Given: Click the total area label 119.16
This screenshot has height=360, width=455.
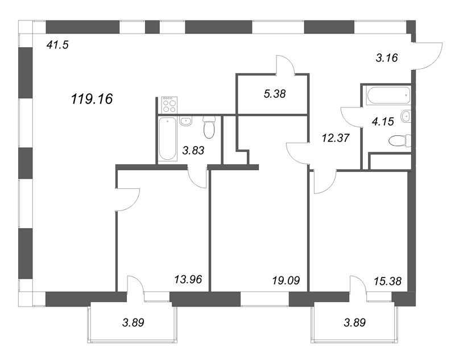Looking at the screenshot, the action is [x=92, y=99].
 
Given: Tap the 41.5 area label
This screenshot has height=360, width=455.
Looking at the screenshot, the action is [x=57, y=45].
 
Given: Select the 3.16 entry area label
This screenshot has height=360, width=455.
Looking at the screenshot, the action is [x=387, y=58].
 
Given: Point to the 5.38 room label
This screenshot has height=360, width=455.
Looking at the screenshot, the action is [x=275, y=94].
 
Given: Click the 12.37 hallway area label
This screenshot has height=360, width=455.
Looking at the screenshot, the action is [x=336, y=138].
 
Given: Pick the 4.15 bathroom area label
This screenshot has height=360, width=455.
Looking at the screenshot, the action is [x=383, y=122].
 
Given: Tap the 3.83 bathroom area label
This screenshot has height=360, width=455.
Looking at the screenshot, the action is [x=193, y=150].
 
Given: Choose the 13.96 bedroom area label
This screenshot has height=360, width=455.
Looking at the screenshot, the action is [x=188, y=279].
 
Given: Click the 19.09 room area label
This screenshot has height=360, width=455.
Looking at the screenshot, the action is [x=286, y=280].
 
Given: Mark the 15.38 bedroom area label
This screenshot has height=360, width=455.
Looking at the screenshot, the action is [x=388, y=281].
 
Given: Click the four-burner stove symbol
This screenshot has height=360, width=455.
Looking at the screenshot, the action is [x=169, y=105].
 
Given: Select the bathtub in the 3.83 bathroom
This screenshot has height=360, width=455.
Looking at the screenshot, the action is [x=168, y=139].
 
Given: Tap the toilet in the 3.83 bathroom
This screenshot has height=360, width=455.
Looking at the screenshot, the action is [x=209, y=127].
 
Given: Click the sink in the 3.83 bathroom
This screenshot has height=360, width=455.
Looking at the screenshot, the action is [x=186, y=121].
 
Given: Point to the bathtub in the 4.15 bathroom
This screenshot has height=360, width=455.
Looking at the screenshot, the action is [x=388, y=96].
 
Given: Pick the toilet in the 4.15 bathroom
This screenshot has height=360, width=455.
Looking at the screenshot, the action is [x=400, y=140].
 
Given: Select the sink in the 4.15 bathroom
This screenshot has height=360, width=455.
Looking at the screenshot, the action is [x=406, y=117].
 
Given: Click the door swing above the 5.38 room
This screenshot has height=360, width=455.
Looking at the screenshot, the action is [x=286, y=64].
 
